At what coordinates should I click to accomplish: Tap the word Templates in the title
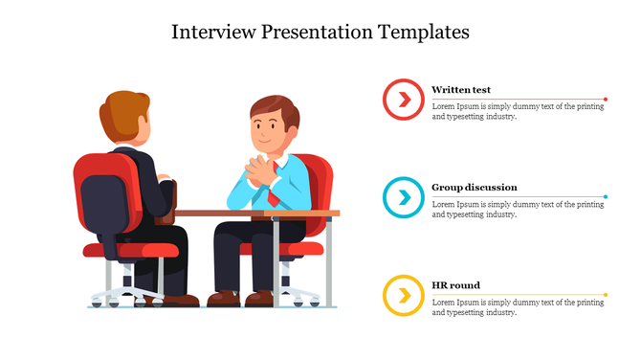[422, 32]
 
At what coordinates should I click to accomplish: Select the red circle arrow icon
[404, 100]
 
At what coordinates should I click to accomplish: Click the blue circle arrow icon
[404, 198]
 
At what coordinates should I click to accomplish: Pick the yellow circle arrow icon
[404, 295]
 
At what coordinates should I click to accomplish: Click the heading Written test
[461, 89]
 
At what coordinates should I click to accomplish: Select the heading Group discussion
[475, 188]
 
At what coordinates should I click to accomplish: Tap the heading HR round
[455, 285]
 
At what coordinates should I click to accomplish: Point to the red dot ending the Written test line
[606, 99]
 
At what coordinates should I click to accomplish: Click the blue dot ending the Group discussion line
[606, 197]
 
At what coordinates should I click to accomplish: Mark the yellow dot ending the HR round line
[606, 295]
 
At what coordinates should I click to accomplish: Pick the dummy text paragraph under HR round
[518, 307]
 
